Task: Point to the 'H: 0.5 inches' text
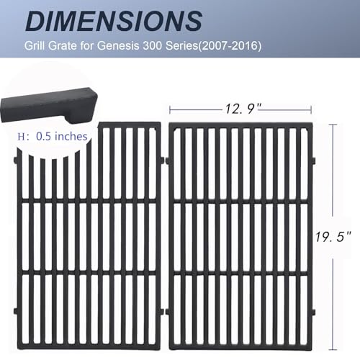click(x=54, y=136)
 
